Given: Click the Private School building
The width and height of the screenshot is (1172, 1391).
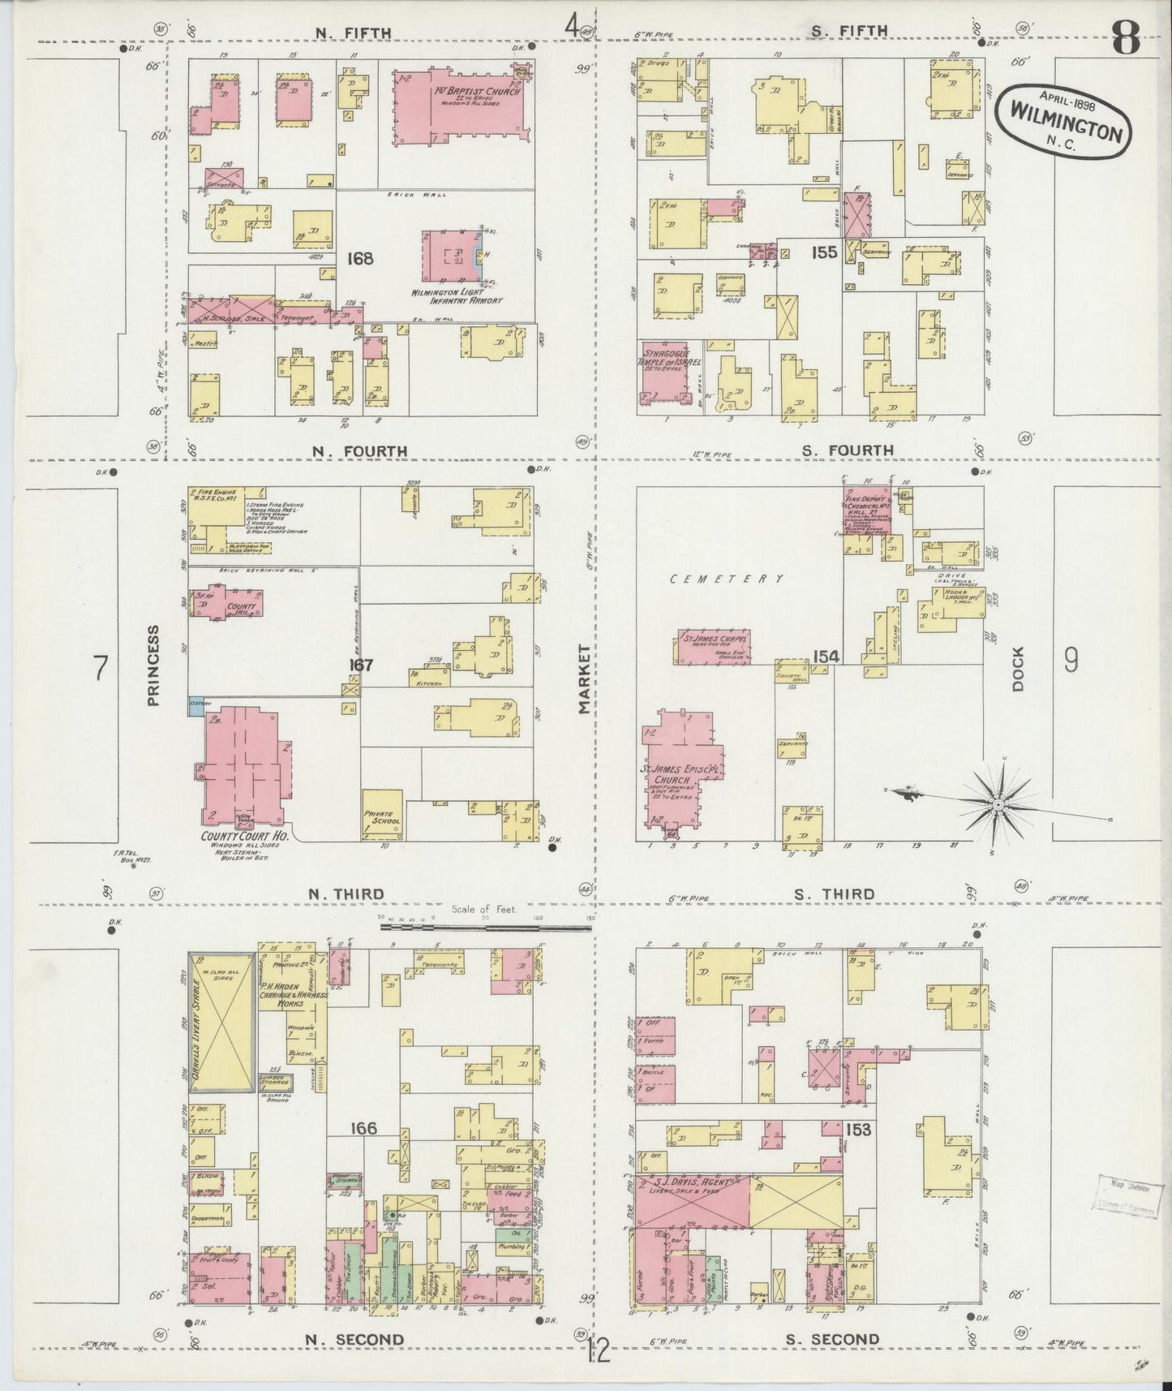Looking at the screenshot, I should click(x=382, y=814).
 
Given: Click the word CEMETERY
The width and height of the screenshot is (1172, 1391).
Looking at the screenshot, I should click(x=727, y=579).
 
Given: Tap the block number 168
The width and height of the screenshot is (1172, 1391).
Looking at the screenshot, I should click(x=360, y=259).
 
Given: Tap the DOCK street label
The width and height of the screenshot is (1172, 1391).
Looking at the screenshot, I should click(x=1018, y=668).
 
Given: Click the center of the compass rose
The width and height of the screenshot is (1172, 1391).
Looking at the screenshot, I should click(x=998, y=803).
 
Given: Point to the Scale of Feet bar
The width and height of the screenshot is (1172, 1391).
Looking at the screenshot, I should click(x=485, y=925).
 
